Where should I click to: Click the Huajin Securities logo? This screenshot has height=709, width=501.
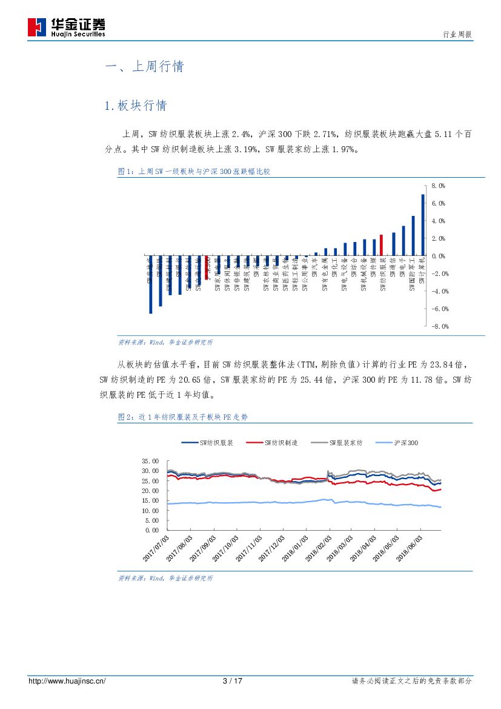[x=67, y=27]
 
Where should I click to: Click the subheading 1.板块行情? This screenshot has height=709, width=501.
[x=135, y=106]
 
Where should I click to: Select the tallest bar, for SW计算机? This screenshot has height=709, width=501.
[x=423, y=225]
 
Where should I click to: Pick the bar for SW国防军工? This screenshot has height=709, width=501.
[x=413, y=236]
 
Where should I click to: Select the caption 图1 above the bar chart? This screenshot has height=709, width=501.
[x=194, y=172]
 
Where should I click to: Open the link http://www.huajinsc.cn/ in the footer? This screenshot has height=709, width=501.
[x=67, y=681]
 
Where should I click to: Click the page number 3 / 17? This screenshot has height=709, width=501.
[x=233, y=681]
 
